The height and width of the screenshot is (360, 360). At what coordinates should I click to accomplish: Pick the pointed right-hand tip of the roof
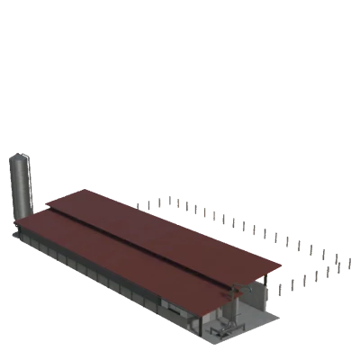point(286,266)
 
